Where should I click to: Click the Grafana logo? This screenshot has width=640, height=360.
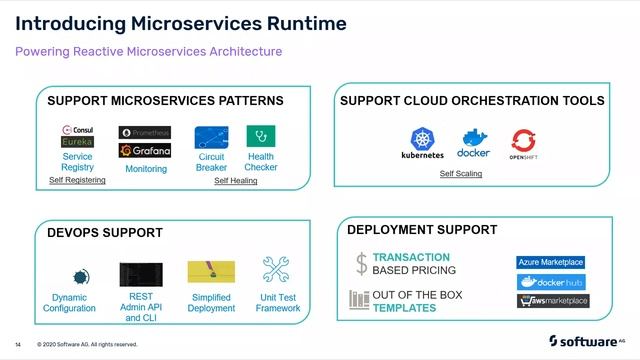145,151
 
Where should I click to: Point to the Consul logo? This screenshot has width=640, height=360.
77,130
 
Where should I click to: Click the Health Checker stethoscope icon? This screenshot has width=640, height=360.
261,136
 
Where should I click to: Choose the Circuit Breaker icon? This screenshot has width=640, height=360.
211,137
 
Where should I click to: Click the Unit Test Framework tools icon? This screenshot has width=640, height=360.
277,270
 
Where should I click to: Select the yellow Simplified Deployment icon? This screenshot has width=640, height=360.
211,272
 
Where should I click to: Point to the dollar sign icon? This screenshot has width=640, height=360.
361,264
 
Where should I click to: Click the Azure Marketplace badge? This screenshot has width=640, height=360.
551,262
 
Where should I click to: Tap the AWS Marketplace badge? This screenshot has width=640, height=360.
553,301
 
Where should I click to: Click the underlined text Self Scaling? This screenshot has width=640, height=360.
461,174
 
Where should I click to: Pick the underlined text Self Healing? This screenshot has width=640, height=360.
236,181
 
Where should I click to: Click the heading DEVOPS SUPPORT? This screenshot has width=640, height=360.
105,233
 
